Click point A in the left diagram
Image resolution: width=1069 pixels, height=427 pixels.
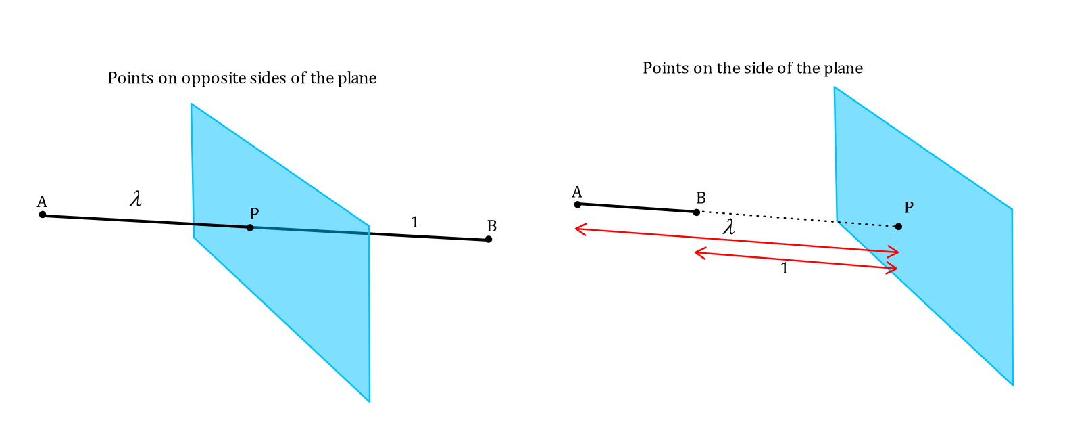[x=43, y=215]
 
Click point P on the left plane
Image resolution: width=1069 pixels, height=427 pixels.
[x=250, y=227]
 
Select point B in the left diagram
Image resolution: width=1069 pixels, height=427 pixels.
[x=488, y=239]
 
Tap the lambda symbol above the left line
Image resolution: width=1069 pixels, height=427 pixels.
[x=136, y=198]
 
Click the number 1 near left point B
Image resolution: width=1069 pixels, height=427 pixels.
[x=415, y=223]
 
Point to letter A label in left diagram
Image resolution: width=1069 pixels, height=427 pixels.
[x=42, y=202]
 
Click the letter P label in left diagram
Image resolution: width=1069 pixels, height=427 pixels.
[x=254, y=213]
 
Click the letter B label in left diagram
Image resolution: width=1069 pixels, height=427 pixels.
[x=492, y=226]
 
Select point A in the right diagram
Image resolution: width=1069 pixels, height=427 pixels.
[x=578, y=204]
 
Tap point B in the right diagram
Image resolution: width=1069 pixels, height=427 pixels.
[x=696, y=212]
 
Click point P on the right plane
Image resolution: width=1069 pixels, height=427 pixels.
[x=899, y=227]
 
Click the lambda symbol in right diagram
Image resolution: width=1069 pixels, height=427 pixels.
[x=728, y=227]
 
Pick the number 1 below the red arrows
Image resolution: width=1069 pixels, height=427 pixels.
[x=784, y=269]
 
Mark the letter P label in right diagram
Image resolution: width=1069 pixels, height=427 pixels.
[x=909, y=208]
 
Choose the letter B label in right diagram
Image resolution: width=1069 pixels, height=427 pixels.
[x=701, y=198]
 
